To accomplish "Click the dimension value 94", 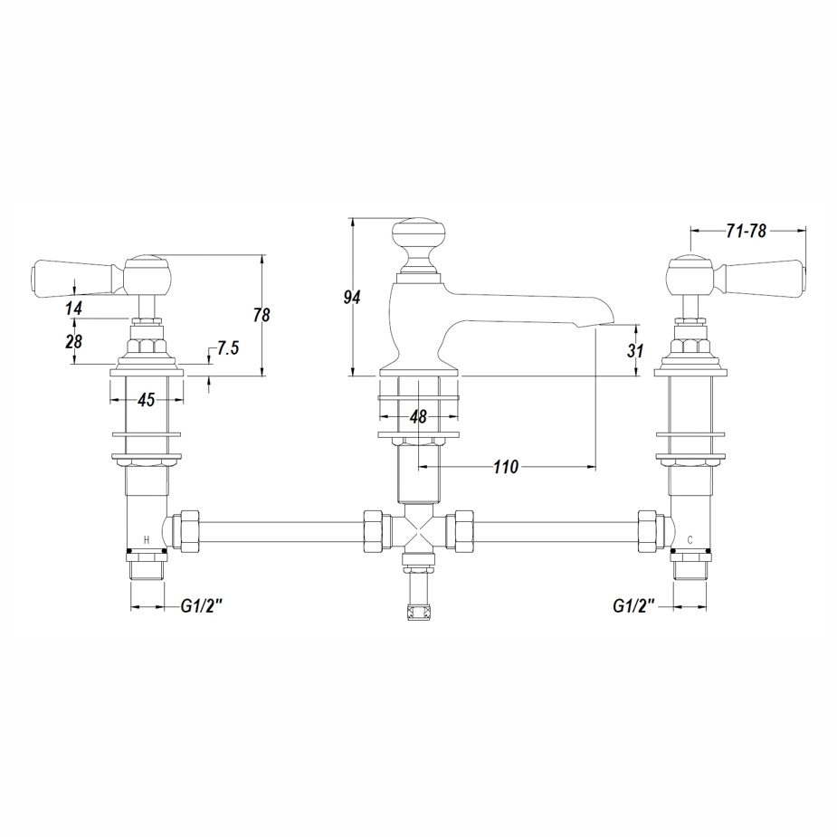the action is point(352,298).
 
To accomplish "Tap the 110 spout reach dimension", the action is point(506,467).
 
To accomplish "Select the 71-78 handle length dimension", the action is point(746,231).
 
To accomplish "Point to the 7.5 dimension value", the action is point(228,348).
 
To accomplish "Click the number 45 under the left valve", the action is point(147,399).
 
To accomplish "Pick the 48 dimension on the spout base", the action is point(418,417).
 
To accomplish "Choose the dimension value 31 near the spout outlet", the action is point(635,351).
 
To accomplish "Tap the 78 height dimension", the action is point(262,315).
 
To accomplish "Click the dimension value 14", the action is point(73,308).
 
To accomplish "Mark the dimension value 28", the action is point(73,341).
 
